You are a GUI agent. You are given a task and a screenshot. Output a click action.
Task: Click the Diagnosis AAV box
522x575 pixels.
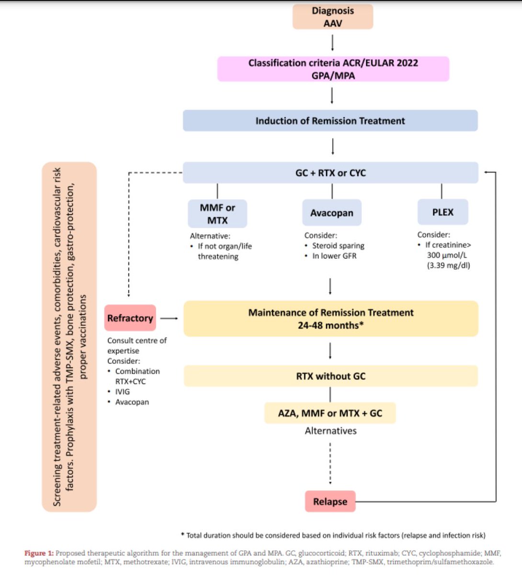[333, 17]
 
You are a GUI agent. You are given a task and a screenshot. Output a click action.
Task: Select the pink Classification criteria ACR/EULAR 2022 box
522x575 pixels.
[333, 69]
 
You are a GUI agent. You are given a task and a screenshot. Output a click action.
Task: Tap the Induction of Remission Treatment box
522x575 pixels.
[330, 121]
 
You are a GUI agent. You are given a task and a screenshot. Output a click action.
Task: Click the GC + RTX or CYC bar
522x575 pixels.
[330, 173]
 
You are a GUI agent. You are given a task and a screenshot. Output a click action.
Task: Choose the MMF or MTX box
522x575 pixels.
[217, 214]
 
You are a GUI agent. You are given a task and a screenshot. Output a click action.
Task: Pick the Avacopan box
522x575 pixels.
[331, 213]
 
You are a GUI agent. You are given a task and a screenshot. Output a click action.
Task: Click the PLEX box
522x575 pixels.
[443, 212]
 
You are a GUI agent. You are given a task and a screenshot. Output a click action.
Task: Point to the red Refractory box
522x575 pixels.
[130, 318]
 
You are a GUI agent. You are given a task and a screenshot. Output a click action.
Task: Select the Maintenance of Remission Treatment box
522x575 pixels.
[330, 319]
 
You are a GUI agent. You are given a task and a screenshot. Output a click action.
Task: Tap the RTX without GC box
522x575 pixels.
[330, 376]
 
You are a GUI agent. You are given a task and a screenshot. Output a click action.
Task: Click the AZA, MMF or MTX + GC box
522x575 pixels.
[330, 413]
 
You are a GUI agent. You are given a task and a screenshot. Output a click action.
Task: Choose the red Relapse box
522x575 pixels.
[330, 502]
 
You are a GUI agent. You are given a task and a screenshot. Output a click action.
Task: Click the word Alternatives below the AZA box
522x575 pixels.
[330, 431]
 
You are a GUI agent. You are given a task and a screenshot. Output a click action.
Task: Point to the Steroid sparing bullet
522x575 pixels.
[338, 245]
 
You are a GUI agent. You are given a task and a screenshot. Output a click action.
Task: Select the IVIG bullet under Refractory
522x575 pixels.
[122, 391]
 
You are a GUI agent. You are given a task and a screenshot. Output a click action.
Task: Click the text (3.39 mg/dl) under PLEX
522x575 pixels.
[448, 265]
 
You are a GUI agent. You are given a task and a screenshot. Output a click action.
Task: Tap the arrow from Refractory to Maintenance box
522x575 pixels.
[169, 318]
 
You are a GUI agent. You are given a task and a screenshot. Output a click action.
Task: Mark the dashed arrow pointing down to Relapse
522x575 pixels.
[330, 464]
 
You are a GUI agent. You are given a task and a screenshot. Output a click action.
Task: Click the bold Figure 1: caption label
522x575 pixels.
[39, 553]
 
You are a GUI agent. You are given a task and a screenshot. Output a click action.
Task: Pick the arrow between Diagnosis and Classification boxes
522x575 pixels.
[332, 43]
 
